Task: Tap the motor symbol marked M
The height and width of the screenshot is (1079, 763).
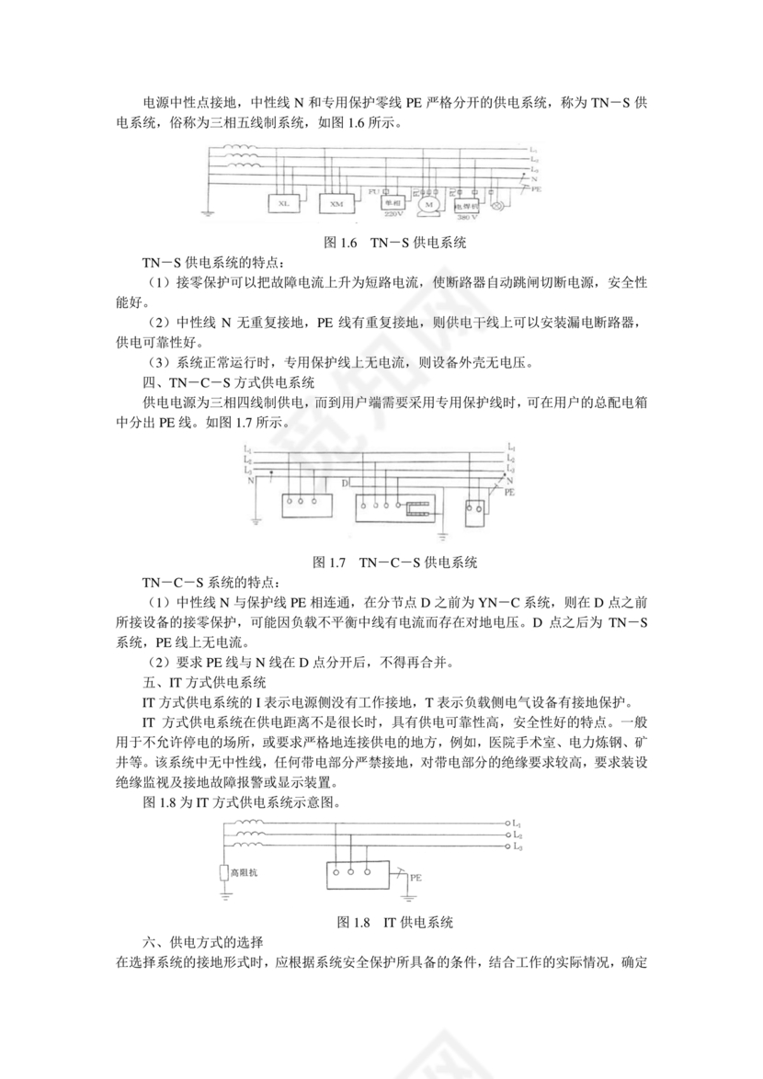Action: pos(427,203)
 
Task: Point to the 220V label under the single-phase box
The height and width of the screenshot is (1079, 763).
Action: pos(393,214)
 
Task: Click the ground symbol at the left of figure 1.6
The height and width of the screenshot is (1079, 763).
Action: pos(210,213)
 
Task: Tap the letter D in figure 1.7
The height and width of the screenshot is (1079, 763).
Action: pos(344,482)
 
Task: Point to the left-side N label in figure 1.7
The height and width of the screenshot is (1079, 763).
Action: pos(246,480)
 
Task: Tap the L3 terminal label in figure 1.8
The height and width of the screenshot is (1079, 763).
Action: pos(518,846)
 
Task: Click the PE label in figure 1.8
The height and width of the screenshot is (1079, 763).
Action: pos(416,878)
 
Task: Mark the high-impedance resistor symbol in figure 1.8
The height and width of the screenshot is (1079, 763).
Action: pos(224,872)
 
